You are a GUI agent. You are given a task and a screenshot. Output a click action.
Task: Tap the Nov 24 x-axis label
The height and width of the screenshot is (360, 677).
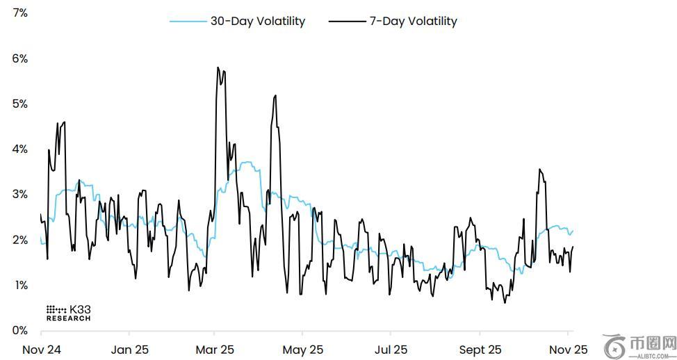pos(41,350)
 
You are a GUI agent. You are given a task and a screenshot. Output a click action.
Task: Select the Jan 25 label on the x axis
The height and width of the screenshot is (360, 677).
pos(130,350)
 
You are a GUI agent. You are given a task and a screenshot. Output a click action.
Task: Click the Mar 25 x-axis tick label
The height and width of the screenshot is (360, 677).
pos(215,350)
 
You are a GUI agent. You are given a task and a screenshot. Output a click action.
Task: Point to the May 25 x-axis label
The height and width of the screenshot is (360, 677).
pos(304,350)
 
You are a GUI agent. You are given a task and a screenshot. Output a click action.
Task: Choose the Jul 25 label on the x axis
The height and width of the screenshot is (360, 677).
pos(391,350)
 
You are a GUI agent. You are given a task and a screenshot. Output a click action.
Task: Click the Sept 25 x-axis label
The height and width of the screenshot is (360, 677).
pos(480,350)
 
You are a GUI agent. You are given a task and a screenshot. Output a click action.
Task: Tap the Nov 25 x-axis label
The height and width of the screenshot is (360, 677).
pos(569,350)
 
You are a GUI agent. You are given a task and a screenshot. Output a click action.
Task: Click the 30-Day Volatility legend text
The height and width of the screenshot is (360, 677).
pos(258,22)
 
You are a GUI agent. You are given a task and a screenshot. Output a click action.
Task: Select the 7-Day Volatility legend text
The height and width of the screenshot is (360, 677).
pos(413,22)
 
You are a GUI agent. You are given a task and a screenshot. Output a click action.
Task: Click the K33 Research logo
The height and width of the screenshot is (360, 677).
pos(68,313)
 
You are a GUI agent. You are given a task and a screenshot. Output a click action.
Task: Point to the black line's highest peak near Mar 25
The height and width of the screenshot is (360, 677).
pos(218,67)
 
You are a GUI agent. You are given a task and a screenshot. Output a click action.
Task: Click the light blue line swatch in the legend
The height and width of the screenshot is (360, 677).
pos(188,22)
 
